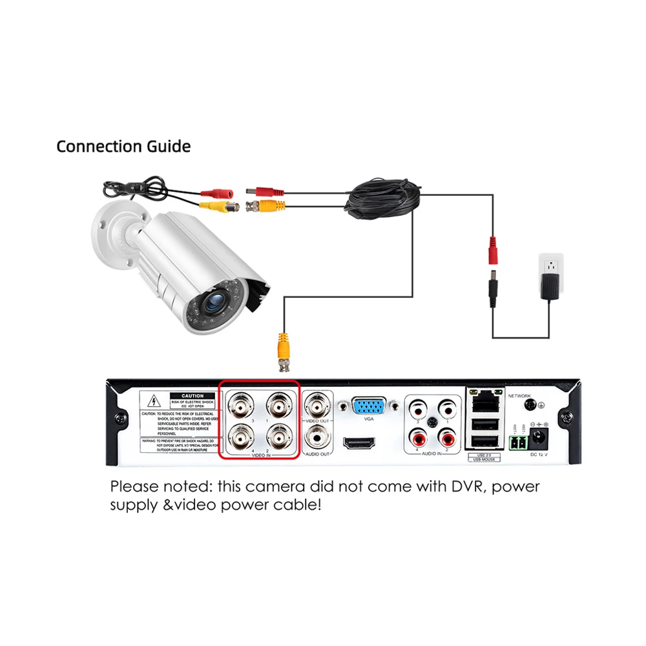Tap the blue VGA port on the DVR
[369, 406]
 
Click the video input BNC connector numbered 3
[242, 406]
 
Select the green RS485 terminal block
[517, 443]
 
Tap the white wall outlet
[551, 266]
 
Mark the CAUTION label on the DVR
[193, 396]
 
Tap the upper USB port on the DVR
[484, 423]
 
